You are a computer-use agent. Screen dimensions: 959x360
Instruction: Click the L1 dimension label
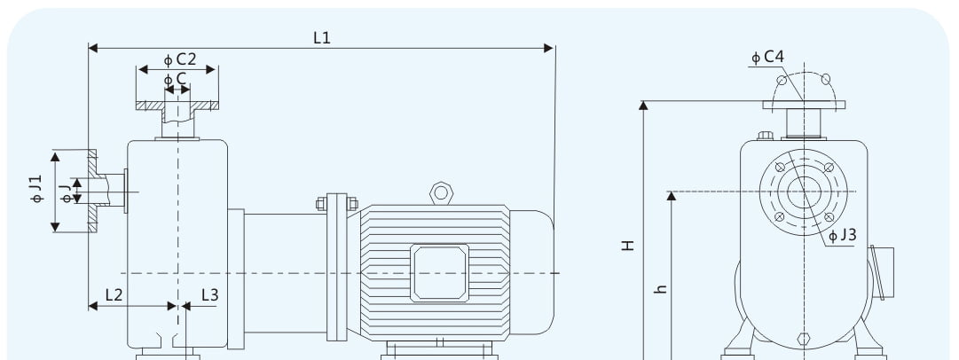[322, 38]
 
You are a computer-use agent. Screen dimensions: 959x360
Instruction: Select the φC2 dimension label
[180, 59]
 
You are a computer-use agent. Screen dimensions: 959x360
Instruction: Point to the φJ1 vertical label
[36, 189]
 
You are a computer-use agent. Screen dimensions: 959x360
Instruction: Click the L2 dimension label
[114, 294]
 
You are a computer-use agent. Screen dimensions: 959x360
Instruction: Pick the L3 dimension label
[209, 295]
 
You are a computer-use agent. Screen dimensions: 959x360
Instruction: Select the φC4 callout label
[767, 57]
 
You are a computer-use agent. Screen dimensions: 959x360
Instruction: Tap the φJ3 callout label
[843, 235]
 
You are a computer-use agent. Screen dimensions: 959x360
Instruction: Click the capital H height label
[628, 245]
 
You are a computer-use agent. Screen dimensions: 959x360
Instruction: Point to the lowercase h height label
[660, 288]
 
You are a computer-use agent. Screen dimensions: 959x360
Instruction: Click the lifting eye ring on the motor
[441, 193]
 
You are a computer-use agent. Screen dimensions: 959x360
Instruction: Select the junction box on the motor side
[440, 272]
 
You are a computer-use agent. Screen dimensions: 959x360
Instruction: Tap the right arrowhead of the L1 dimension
[548, 48]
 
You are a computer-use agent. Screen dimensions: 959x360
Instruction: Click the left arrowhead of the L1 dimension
[93, 48]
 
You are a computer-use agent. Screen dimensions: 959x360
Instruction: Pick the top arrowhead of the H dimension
[643, 106]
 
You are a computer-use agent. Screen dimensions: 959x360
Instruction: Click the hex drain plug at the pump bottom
[804, 339]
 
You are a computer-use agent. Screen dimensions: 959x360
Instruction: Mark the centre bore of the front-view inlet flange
[804, 192]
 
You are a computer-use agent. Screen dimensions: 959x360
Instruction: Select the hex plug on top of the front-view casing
[765, 135]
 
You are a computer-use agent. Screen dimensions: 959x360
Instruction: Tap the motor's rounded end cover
[532, 272]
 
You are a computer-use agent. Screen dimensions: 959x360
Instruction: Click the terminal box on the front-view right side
[881, 272]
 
